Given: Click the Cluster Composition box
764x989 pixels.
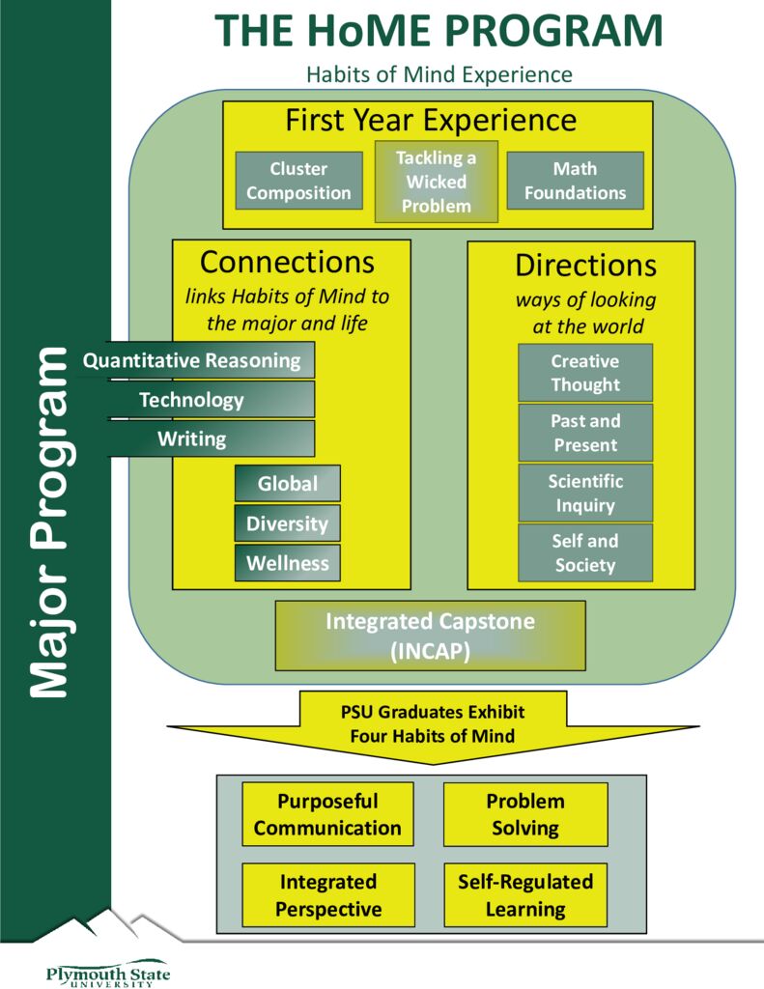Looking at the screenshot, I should (298, 181).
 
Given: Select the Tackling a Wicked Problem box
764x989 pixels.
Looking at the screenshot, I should (436, 182).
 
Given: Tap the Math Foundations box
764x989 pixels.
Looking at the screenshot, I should (575, 181).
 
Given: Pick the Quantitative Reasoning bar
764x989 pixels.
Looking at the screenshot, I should (198, 360).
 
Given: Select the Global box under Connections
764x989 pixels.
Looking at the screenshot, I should (287, 484).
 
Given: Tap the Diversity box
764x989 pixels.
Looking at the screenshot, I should (287, 524).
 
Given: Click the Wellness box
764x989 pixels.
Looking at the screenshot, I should (287, 564).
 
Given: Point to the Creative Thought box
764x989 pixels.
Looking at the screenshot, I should (584, 373).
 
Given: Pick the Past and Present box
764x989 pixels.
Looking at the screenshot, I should (584, 433).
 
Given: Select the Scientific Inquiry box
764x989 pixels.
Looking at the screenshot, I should (584, 493).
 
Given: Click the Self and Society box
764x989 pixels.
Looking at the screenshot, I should (584, 552).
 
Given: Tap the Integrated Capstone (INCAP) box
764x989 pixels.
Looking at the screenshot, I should (430, 636).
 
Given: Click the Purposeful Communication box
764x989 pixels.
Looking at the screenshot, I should (327, 814).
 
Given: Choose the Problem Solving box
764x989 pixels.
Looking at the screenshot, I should (524, 814).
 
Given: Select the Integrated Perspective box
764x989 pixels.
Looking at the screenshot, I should (327, 895).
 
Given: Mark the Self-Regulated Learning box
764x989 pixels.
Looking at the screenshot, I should (524, 895).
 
